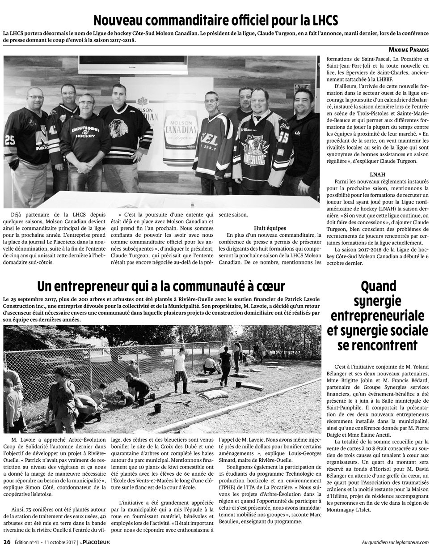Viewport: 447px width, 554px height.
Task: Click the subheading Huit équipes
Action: tap(270, 228)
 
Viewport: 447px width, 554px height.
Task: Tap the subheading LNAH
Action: tap(378, 174)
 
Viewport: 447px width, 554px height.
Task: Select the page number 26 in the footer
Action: tap(7, 542)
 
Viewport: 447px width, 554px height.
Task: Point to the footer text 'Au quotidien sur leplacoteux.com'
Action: tap(395, 542)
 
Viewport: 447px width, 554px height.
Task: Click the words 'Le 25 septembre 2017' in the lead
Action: tap(26, 298)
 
